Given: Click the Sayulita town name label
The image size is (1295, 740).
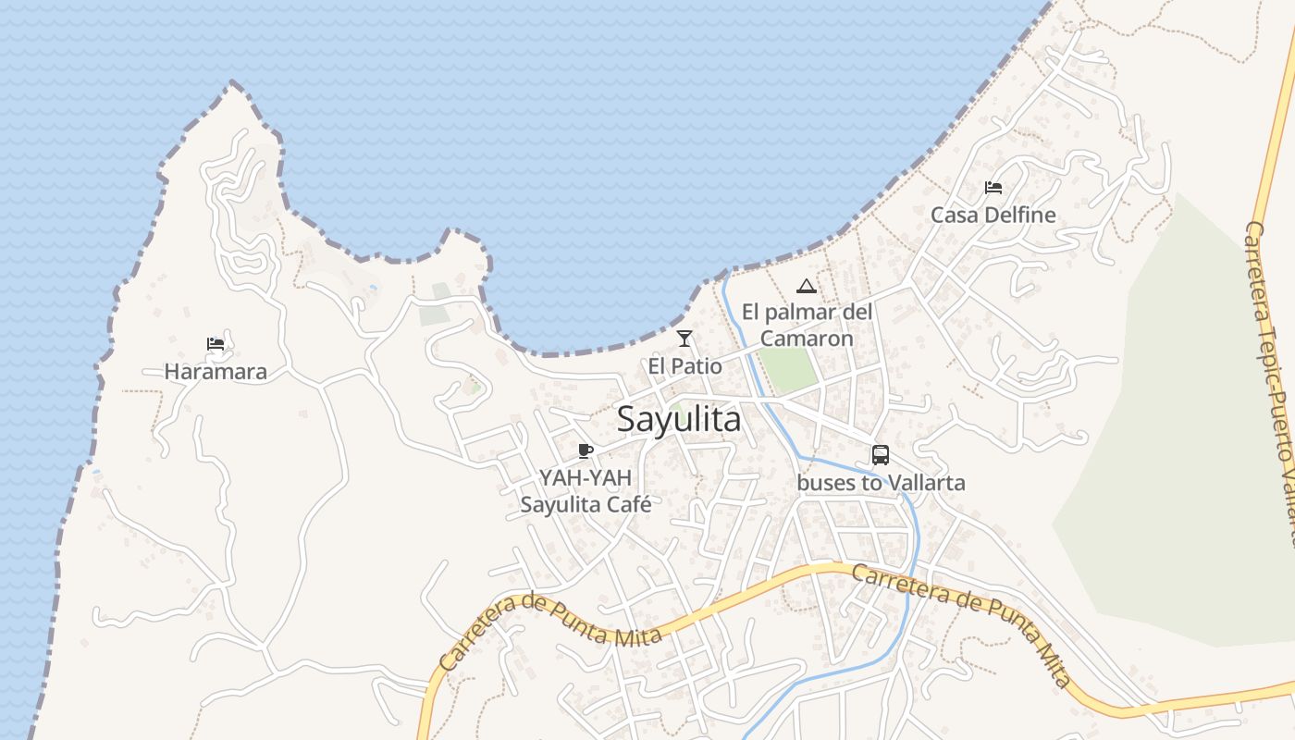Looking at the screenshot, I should [x=679, y=419].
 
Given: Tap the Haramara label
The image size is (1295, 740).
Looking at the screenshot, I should [x=216, y=372].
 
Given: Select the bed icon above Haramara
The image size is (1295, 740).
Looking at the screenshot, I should [x=216, y=345].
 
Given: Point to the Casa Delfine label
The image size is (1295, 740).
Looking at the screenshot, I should [x=993, y=215].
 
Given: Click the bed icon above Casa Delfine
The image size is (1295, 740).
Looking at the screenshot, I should [x=993, y=187].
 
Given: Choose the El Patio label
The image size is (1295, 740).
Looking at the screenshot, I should [x=684, y=365].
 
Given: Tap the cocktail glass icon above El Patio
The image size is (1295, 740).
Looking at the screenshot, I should [x=684, y=339].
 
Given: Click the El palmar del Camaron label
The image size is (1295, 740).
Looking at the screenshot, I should [x=807, y=325].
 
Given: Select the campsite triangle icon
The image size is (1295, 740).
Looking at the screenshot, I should [x=807, y=286].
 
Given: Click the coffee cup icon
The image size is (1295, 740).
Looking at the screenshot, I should [x=585, y=450].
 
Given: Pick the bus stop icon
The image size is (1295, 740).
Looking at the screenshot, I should [x=881, y=455].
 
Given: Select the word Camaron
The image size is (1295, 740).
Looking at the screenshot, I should [x=807, y=339].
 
